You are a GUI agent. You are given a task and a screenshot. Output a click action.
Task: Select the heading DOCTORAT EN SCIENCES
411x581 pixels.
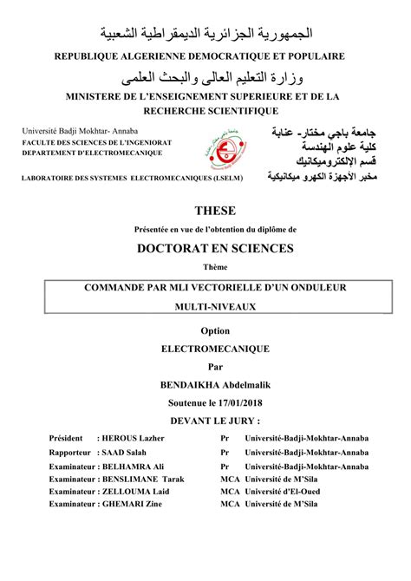205,248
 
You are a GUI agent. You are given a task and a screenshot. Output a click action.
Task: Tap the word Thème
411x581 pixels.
205,267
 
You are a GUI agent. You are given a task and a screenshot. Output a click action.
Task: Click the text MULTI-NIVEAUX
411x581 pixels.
205,308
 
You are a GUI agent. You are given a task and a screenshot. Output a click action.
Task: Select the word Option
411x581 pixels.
205,330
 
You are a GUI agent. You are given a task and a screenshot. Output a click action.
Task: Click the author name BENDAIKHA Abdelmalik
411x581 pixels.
205,384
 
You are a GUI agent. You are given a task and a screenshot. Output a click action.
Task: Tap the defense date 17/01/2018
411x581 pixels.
238,402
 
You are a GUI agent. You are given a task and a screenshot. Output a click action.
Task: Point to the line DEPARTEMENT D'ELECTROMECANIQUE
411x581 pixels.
84,150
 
